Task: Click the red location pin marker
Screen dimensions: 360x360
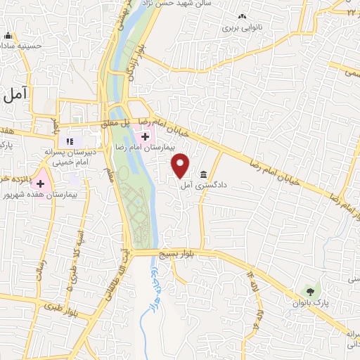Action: (x=181, y=164)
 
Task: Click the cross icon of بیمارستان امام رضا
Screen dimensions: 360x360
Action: (x=145, y=135)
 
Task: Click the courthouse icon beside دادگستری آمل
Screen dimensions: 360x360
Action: (x=204, y=174)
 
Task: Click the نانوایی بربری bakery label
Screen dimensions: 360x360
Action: (x=241, y=30)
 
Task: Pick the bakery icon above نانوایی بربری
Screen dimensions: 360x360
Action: (x=242, y=16)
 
